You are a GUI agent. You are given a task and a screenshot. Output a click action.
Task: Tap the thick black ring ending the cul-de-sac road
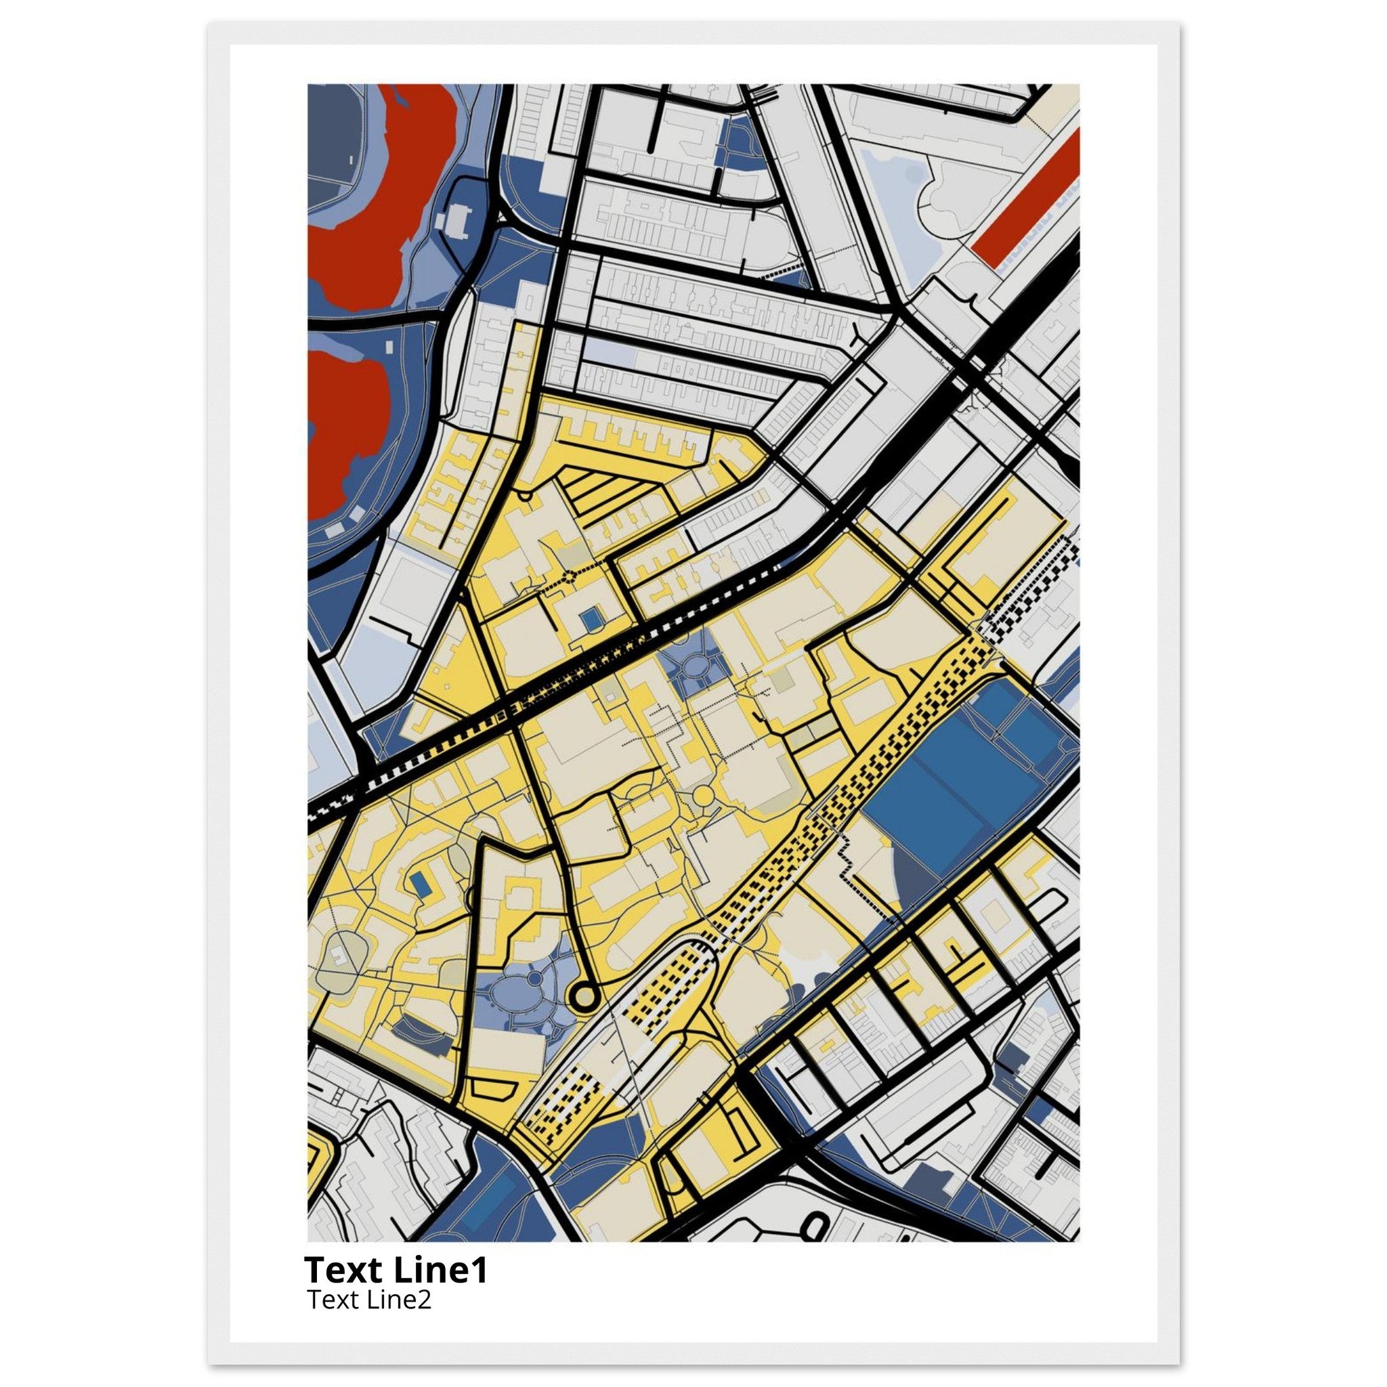click(584, 996)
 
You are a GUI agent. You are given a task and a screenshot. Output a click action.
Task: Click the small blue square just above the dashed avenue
click(591, 617)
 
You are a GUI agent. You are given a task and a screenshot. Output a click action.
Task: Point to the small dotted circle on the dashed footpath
click(571, 575)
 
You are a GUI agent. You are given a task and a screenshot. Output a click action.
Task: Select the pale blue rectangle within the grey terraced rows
click(609, 349)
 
